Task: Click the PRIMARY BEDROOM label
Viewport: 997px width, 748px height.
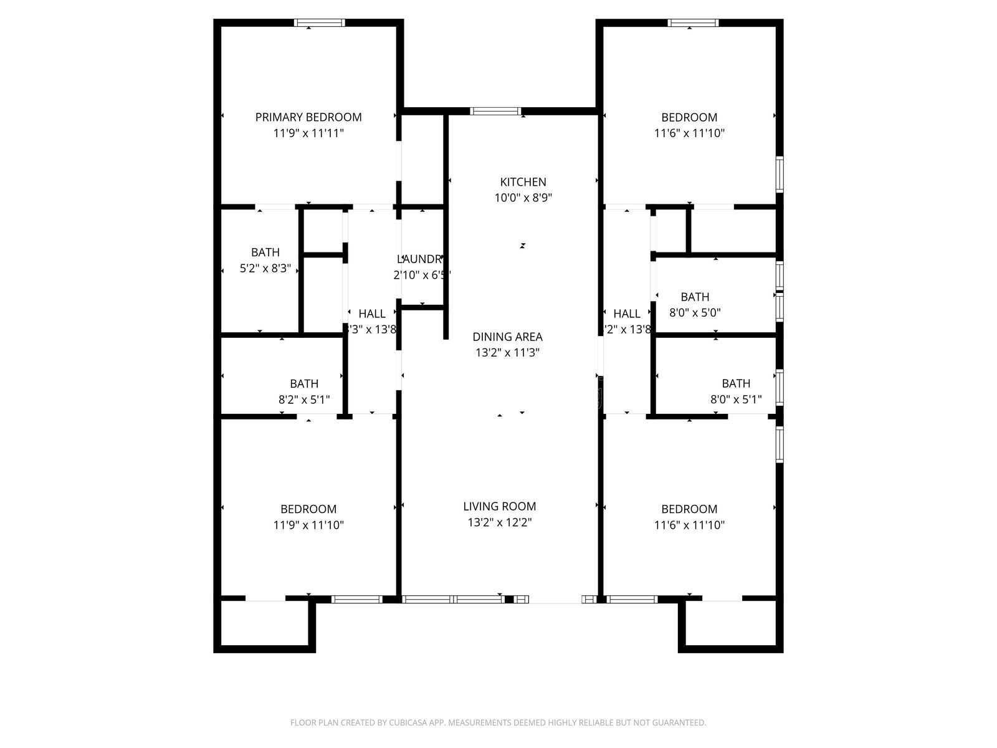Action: click(308, 117)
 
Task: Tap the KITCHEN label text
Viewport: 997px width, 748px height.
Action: click(523, 182)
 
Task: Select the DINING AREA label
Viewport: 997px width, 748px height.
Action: click(507, 337)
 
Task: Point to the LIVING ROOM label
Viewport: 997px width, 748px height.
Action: click(499, 506)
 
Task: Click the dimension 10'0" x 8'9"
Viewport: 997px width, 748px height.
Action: click(523, 198)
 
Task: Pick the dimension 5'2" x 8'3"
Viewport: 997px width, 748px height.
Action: click(265, 269)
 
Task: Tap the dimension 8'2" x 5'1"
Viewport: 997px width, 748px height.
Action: click(304, 400)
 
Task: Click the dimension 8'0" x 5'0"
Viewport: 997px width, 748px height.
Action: click(695, 313)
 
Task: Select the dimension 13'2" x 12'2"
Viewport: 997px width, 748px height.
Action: click(499, 522)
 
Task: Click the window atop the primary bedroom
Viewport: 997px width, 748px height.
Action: click(319, 23)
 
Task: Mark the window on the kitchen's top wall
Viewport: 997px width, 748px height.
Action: click(495, 112)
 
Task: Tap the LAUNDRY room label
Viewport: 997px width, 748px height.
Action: click(421, 259)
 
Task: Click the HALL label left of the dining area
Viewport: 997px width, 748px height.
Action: click(371, 314)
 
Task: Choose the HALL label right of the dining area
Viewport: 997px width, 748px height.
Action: click(626, 314)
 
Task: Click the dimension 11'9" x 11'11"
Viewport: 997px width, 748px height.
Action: click(308, 133)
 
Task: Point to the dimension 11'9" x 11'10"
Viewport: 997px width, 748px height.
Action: click(308, 525)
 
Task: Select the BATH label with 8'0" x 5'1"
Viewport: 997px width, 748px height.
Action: click(736, 383)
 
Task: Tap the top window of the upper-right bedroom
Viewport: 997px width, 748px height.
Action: click(693, 23)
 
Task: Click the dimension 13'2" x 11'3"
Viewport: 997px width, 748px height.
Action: click(507, 353)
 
